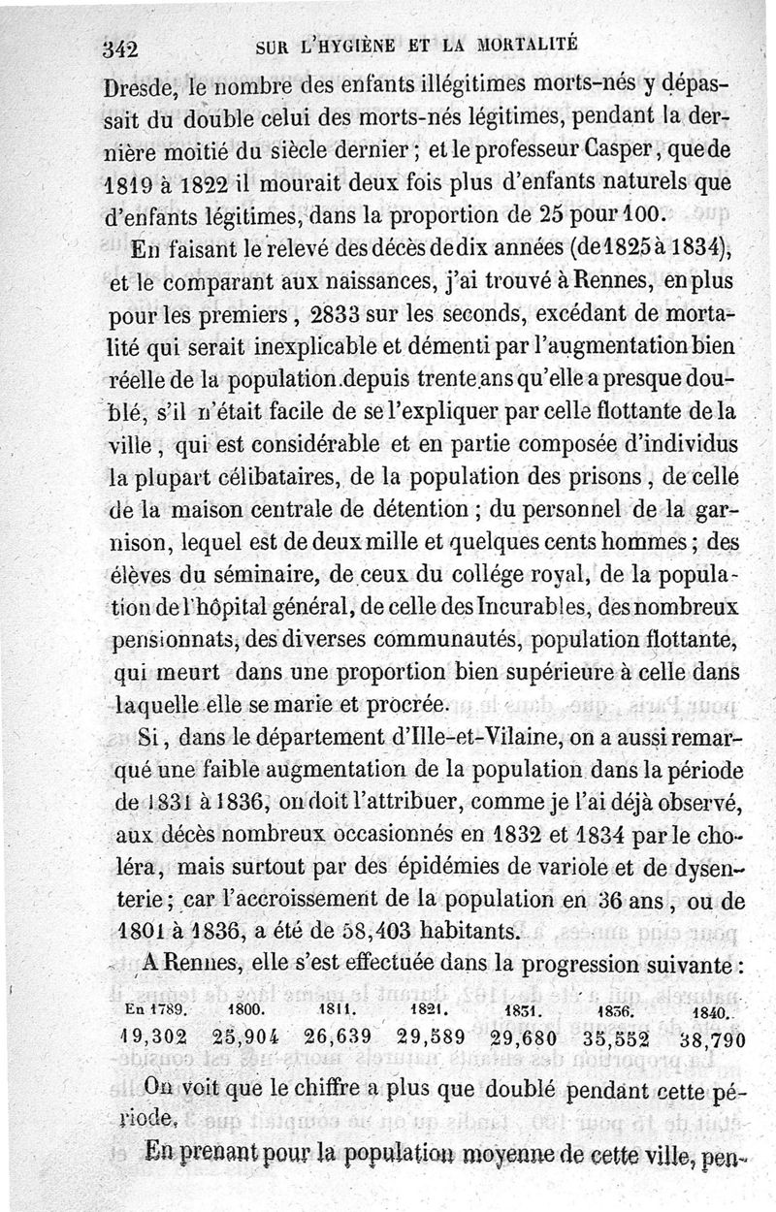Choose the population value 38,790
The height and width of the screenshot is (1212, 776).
[x=712, y=1038]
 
